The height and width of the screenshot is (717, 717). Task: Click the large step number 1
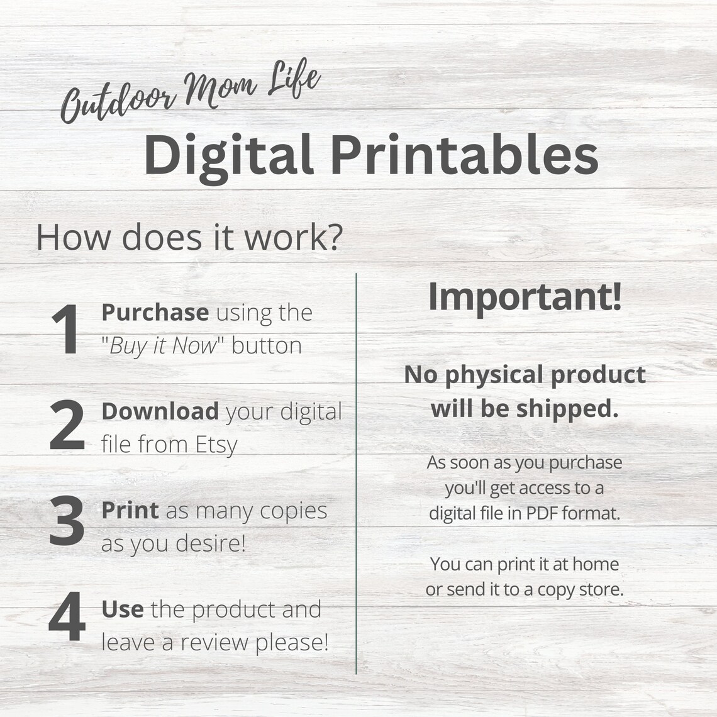(66, 329)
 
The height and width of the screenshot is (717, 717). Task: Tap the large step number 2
(67, 425)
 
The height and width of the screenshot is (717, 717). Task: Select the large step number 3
(67, 520)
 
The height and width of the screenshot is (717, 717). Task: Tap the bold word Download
(160, 411)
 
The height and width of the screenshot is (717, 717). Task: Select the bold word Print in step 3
(130, 510)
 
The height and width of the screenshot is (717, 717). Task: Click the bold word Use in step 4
(123, 609)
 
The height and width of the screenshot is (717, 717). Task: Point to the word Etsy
(216, 445)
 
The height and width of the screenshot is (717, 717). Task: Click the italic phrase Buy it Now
(163, 346)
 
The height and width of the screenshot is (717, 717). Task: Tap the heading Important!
(525, 297)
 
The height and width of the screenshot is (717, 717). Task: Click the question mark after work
(336, 237)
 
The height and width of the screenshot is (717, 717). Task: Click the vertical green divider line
(356, 474)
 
